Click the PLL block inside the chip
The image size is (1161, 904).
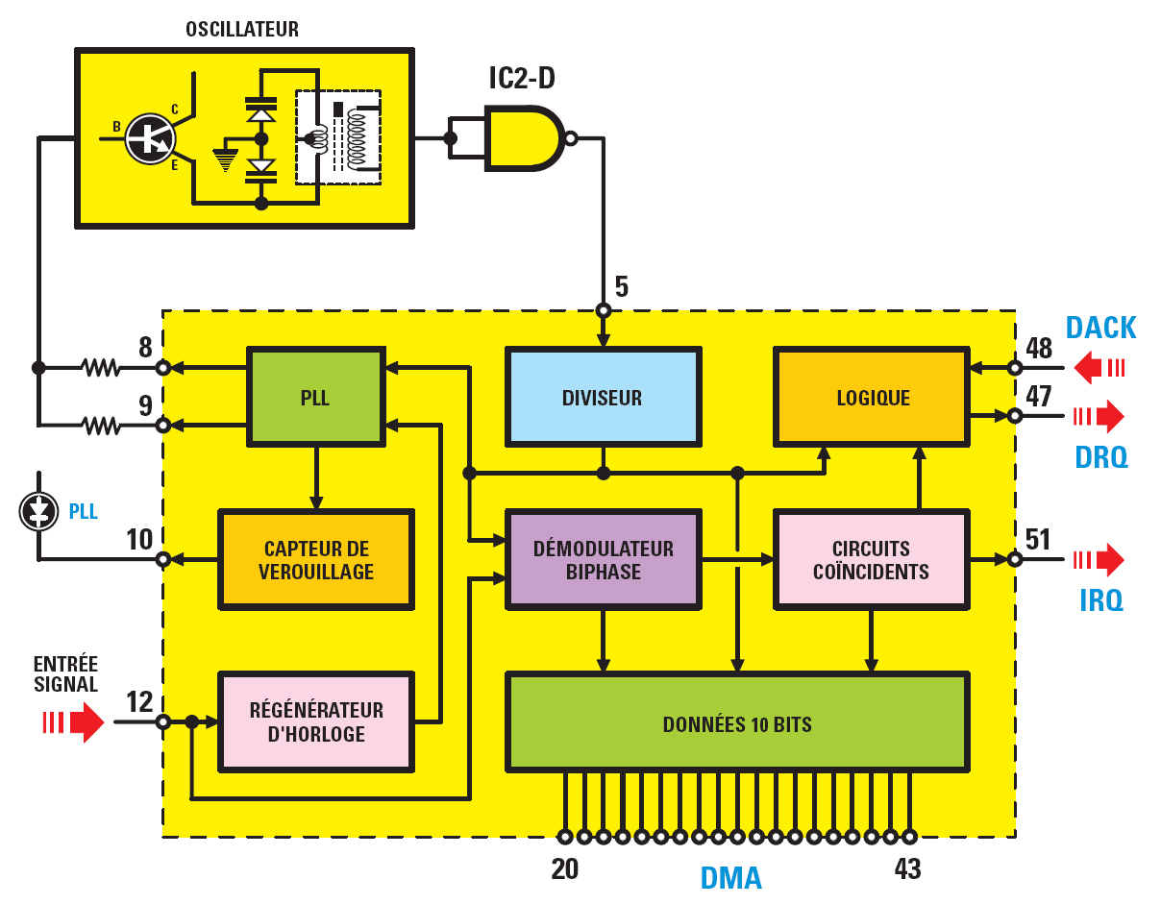pyautogui.click(x=316, y=397)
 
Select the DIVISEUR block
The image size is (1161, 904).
pyautogui.click(x=604, y=397)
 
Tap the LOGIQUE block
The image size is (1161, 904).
pyautogui.click(x=872, y=397)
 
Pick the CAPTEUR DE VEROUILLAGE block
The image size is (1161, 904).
pyautogui.click(x=316, y=559)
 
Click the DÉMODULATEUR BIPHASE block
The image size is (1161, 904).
pyautogui.click(x=604, y=559)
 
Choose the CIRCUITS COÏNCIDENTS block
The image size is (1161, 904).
pyautogui.click(x=872, y=559)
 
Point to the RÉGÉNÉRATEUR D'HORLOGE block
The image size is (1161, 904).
pyautogui.click(x=316, y=721)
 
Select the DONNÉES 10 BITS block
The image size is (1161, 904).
pyautogui.click(x=737, y=721)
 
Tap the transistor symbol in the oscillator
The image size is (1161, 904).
pyautogui.click(x=150, y=139)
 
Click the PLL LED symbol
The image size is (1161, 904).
pyautogui.click(x=38, y=511)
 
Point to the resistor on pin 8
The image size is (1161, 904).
pyautogui.click(x=101, y=367)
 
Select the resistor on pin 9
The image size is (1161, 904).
pyautogui.click(x=101, y=426)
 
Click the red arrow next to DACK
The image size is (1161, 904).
pyautogui.click(x=1099, y=367)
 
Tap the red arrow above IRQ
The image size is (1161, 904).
pyautogui.click(x=1099, y=559)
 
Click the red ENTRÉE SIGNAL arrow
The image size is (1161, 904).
pyautogui.click(x=74, y=721)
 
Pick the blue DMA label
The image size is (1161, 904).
pyautogui.click(x=730, y=877)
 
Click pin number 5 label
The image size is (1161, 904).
pyautogui.click(x=622, y=286)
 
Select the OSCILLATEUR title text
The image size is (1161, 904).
pyautogui.click(x=242, y=29)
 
